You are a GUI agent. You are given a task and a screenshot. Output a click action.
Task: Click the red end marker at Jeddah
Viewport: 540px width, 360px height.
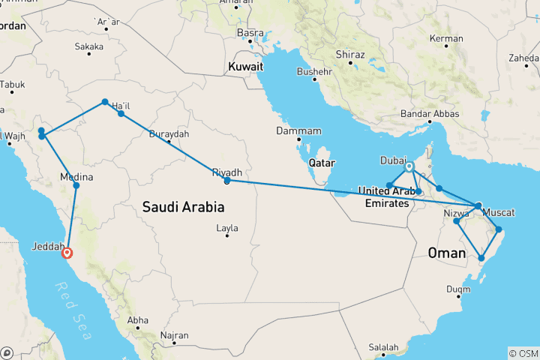click(x=67, y=253)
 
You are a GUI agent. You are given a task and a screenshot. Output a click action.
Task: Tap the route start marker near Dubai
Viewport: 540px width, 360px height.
click(x=409, y=166)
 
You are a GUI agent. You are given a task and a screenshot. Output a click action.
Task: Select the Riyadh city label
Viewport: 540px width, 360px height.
click(x=227, y=172)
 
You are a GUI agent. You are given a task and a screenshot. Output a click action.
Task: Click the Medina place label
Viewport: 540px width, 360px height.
click(x=76, y=178)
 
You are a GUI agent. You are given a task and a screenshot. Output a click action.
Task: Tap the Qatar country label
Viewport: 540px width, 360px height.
click(x=322, y=163)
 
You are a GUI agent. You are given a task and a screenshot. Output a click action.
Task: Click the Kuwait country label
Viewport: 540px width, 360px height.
click(x=247, y=67)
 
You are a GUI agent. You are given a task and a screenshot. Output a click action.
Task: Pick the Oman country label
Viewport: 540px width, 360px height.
click(x=447, y=253)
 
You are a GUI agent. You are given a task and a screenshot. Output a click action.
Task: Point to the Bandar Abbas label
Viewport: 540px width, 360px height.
click(x=432, y=114)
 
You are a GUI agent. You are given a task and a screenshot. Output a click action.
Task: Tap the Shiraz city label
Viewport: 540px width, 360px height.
click(x=350, y=55)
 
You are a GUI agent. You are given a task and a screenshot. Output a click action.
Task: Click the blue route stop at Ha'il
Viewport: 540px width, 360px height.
click(x=121, y=114)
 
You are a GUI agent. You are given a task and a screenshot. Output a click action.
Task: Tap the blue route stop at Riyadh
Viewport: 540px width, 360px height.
click(x=226, y=180)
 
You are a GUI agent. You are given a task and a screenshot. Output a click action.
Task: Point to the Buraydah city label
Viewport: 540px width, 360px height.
click(x=169, y=134)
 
